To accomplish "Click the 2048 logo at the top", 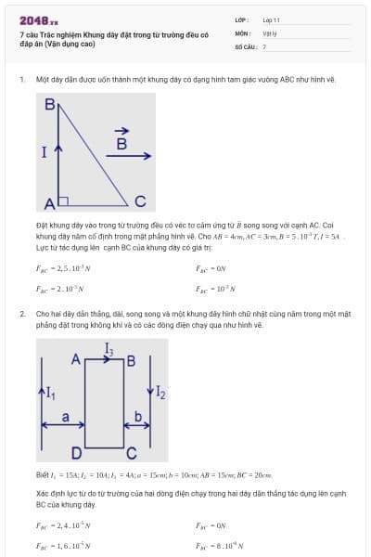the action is [x=39, y=19].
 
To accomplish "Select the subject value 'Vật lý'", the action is [x=270, y=32].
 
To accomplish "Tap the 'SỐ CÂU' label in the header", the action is [x=245, y=45].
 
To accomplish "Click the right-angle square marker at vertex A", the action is [x=63, y=199].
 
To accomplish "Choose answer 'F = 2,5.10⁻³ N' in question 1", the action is [x=60, y=271].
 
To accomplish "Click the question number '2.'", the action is [x=22, y=314].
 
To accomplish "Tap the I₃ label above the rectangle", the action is [x=109, y=350].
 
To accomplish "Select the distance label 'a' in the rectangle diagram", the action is [x=65, y=418].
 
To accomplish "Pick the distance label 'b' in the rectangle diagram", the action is [x=139, y=418].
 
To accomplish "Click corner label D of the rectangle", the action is [x=77, y=453].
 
